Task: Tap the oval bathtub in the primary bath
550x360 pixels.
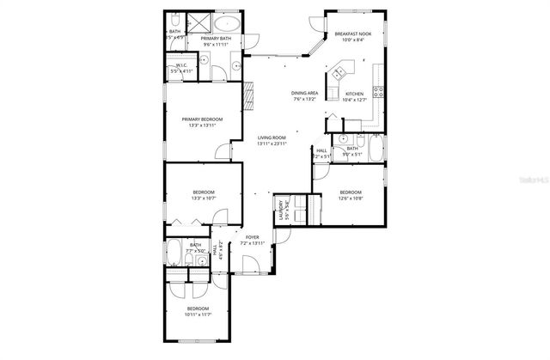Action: tap(227, 22)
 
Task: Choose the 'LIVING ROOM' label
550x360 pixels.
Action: tap(272, 137)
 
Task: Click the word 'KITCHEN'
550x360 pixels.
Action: tap(354, 94)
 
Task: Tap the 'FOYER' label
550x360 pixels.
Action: tap(253, 237)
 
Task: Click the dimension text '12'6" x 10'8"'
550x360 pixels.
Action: tap(350, 198)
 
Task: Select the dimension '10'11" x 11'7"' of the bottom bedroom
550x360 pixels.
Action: tap(199, 314)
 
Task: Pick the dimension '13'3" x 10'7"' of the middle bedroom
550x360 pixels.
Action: tap(204, 198)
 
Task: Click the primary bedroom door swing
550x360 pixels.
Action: tap(223, 151)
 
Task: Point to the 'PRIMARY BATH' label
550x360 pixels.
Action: tap(217, 39)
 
